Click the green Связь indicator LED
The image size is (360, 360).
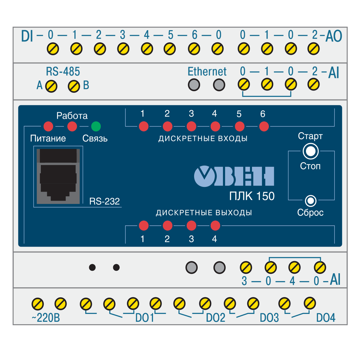click(96, 126)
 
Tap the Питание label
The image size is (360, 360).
click(48, 139)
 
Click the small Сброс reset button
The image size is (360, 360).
click(310, 200)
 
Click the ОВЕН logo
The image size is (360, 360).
click(234, 176)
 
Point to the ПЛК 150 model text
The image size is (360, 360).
click(252, 196)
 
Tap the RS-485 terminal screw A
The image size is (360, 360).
click(51, 86)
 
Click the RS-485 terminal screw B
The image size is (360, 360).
click(74, 86)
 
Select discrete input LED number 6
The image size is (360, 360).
click(264, 126)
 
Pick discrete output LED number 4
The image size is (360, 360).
click(215, 225)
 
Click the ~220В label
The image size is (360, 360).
click(46, 318)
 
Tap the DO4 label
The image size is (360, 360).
click(326, 318)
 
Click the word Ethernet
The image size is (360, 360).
click(207, 72)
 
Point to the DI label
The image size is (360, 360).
click(27, 37)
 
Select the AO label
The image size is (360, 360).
click(334, 37)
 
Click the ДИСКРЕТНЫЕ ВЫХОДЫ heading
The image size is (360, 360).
click(204, 213)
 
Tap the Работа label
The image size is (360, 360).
click(72, 116)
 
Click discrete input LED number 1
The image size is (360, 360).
click(144, 126)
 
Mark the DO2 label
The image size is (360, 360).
click(215, 318)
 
